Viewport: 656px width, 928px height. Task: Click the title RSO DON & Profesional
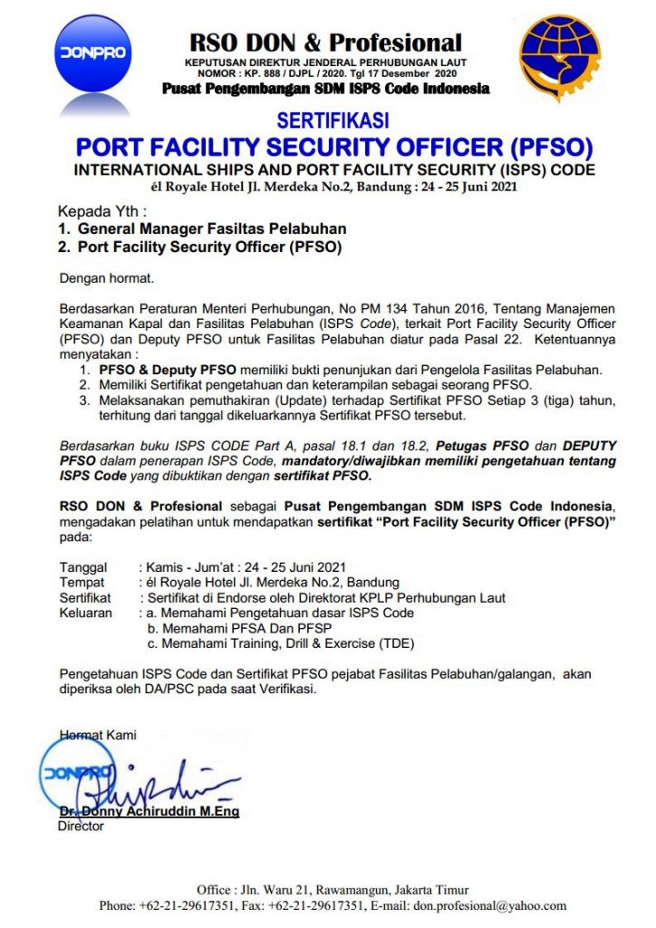tap(325, 42)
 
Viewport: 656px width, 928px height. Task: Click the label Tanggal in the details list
tap(83, 567)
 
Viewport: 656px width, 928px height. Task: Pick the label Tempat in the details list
tap(82, 583)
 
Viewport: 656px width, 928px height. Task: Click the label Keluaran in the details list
tap(86, 614)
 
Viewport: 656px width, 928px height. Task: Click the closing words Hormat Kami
tap(98, 735)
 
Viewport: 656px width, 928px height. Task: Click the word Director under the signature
tap(81, 826)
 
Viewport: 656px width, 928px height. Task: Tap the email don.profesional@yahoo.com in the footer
tap(488, 905)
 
